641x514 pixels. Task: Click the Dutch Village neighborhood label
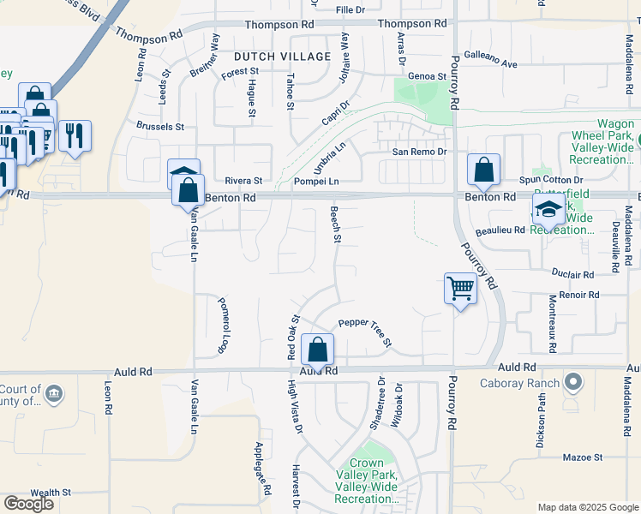click(282, 57)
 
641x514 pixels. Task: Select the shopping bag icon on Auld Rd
click(317, 350)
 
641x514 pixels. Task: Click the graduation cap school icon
click(548, 210)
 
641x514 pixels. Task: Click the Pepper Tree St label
click(365, 331)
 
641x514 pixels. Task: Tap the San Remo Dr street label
click(420, 152)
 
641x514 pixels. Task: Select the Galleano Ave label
click(491, 58)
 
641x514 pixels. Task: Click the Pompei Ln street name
click(317, 182)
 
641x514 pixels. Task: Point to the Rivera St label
click(243, 181)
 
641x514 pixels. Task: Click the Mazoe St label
click(584, 457)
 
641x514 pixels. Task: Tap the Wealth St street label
click(51, 493)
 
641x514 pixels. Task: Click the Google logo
click(28, 504)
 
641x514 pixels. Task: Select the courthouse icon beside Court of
click(54, 394)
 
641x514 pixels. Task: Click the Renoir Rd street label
click(582, 295)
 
